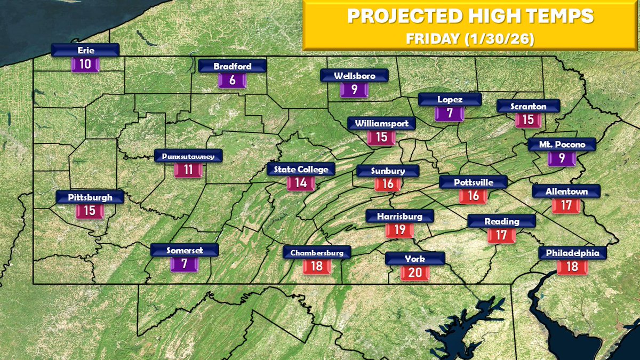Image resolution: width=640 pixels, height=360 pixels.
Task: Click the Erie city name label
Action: pyautogui.click(x=85, y=50)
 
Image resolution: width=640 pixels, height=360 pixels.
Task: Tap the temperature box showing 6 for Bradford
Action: pyautogui.click(x=232, y=81)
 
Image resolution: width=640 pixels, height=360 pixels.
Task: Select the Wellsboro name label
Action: pyautogui.click(x=355, y=76)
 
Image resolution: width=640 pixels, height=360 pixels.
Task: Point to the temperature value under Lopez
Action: pyautogui.click(x=450, y=114)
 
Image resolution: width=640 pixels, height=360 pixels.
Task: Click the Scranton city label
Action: pyautogui.click(x=528, y=106)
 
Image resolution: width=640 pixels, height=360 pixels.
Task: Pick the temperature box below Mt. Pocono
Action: pyautogui.click(x=562, y=158)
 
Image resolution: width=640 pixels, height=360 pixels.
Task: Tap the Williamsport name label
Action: pyautogui.click(x=381, y=124)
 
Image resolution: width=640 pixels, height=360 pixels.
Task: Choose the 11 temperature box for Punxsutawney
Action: pyautogui.click(x=188, y=170)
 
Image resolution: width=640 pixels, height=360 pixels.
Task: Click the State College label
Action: pyautogui.click(x=301, y=170)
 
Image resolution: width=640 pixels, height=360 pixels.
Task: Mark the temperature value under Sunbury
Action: pyautogui.click(x=388, y=185)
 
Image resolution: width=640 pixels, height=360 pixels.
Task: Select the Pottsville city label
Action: pyautogui.click(x=473, y=182)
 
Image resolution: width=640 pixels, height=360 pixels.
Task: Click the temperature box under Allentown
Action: pyautogui.click(x=566, y=205)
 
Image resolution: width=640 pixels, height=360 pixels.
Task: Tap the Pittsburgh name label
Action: pyautogui.click(x=90, y=197)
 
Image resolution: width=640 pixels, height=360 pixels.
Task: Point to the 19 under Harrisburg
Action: pyautogui.click(x=399, y=230)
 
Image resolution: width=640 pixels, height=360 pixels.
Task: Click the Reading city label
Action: pyautogui.click(x=501, y=221)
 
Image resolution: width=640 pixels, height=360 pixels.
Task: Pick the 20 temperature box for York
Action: pyautogui.click(x=415, y=273)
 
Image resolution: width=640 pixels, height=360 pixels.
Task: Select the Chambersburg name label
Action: pyautogui.click(x=317, y=252)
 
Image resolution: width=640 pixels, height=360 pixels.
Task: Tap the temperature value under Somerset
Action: pyautogui.click(x=184, y=263)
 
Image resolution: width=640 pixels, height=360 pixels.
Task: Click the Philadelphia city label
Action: pyautogui.click(x=572, y=253)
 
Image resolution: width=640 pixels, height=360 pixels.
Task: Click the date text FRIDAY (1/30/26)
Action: pyautogui.click(x=470, y=39)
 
